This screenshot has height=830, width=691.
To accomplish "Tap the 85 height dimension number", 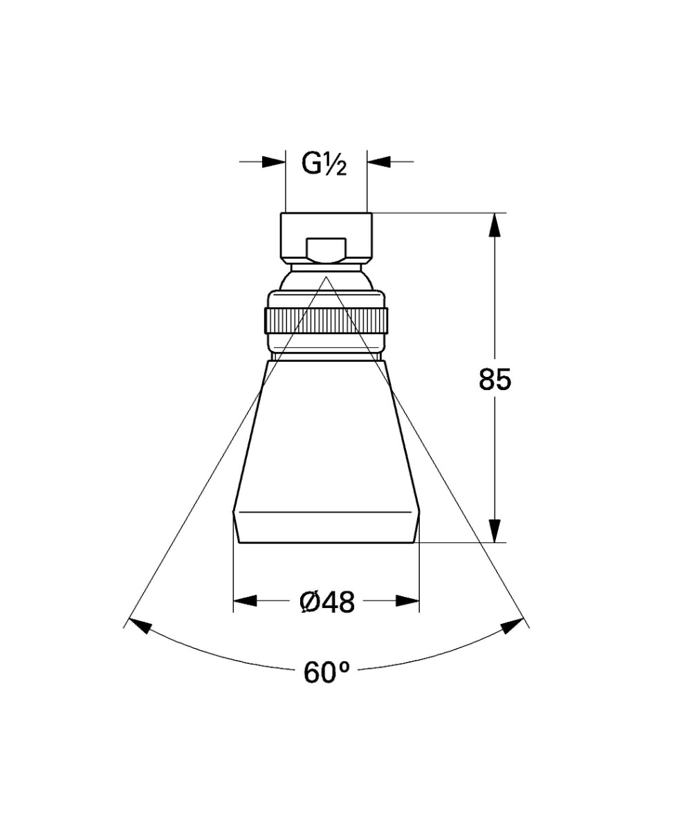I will pos(495,380).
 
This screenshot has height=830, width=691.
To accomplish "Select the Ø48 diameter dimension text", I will pos(327,602).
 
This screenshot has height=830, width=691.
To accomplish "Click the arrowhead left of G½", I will pos(274,162).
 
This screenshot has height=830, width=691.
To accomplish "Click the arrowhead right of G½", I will pos(379,162).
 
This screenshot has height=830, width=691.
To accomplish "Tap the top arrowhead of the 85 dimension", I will pos(495,225).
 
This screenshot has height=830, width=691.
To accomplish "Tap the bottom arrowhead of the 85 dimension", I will pos(495,531).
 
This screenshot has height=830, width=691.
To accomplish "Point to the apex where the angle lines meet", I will pos(326,277).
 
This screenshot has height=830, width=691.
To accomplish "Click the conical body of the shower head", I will pos(326,436).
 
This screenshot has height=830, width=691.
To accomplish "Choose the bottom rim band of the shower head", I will pos(326,528).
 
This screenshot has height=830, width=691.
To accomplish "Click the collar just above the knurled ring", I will pos(326,299).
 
